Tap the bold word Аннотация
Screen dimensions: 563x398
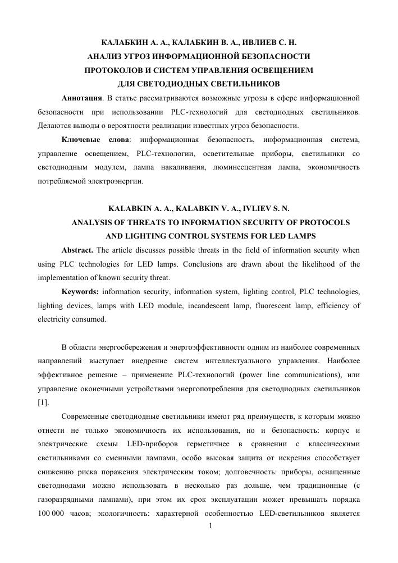pyautogui.click(x=81, y=99)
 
